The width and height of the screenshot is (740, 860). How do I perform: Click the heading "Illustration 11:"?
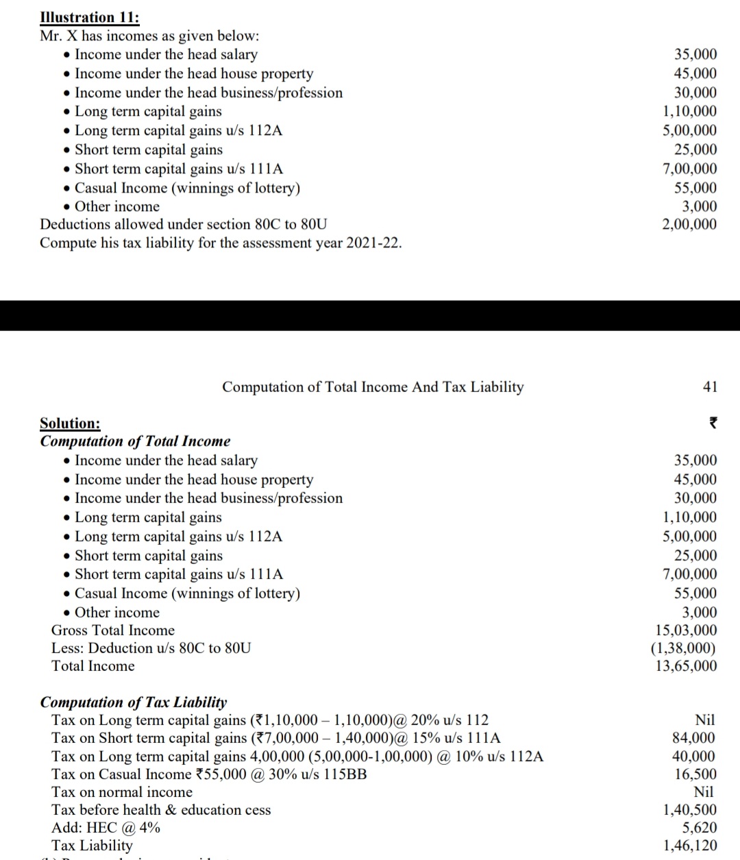(90, 17)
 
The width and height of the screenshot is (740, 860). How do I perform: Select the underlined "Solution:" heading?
(70, 423)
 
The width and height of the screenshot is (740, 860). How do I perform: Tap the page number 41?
(710, 387)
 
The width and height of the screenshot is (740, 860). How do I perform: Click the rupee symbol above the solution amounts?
(712, 423)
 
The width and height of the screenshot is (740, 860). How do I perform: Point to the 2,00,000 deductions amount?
(689, 224)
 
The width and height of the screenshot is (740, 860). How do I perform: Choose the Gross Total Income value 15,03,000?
(686, 630)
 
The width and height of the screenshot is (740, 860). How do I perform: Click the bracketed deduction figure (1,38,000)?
(683, 648)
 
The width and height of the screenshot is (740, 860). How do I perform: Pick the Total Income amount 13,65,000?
(686, 666)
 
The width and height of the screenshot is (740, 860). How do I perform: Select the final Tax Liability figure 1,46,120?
(690, 846)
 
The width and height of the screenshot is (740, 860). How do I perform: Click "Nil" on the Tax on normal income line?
(704, 792)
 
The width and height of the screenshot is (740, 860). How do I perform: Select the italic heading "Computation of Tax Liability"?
(134, 702)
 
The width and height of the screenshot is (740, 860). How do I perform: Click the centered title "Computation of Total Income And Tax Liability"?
(373, 387)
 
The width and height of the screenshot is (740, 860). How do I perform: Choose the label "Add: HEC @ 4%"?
(106, 828)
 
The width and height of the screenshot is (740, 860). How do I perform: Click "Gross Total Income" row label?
(113, 630)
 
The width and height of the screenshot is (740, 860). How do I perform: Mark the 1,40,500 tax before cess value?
(690, 810)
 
